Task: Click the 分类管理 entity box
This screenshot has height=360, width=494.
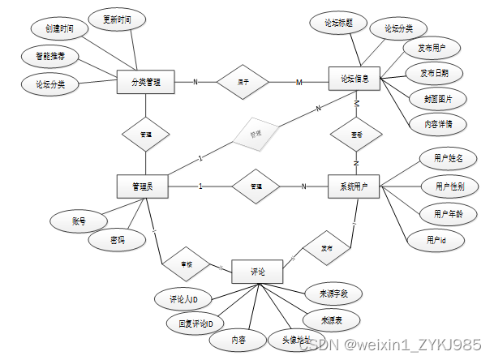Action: [x=146, y=82]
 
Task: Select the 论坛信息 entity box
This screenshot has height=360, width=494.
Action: [x=354, y=79]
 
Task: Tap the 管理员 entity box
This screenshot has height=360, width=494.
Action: [x=143, y=186]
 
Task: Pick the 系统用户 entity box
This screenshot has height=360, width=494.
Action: [x=354, y=187]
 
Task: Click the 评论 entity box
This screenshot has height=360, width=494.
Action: [x=256, y=270]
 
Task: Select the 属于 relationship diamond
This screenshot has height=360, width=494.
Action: [x=241, y=82]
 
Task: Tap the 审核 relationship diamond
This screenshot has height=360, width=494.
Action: [x=186, y=264]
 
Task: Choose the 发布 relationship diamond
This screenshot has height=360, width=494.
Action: [x=324, y=246]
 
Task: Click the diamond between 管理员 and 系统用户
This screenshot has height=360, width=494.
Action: [x=255, y=187]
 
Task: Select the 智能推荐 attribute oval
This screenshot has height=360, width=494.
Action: [x=50, y=57]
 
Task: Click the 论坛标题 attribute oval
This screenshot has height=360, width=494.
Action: [x=338, y=23]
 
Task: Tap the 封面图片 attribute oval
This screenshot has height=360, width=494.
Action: [x=438, y=99]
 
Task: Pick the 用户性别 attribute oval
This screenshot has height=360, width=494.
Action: [x=444, y=186]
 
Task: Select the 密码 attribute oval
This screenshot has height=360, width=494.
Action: [x=118, y=240]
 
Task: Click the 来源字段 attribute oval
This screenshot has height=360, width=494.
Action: [x=332, y=293]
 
